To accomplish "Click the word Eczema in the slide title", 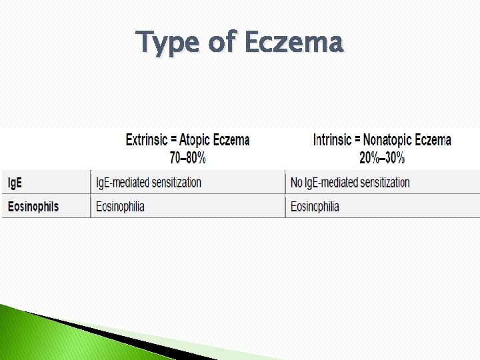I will coord(293,42).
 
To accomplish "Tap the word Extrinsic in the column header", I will coord(147,140).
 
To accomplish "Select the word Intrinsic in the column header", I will coord(332,140).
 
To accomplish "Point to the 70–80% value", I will coord(187,158).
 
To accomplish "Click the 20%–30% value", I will coord(382,158).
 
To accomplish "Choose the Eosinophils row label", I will coord(33,207).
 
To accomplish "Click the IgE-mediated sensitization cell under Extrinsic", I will coord(148,182).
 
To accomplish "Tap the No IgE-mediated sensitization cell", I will coord(350,182).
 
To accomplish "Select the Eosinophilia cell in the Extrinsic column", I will coord(120,207).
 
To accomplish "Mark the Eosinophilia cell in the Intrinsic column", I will coord(315,207).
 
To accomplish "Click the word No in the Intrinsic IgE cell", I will coord(297,182).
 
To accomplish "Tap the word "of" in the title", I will coord(222,42).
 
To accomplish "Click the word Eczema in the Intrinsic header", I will coord(434,140).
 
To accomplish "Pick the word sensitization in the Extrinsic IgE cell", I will coord(172,182).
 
